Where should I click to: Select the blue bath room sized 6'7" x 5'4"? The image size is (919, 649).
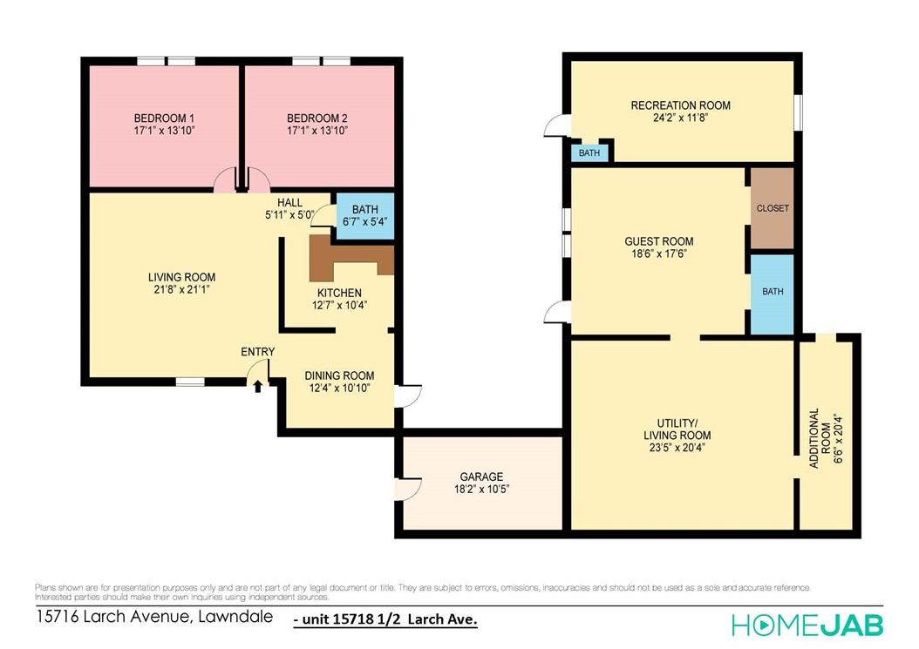tap(364, 215)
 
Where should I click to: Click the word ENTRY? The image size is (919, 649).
tap(258, 352)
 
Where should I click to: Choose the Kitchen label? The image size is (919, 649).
tap(339, 293)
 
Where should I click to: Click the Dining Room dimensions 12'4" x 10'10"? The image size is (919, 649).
tap(337, 389)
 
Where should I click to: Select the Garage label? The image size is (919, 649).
tap(481, 477)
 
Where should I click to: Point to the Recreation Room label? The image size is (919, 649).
tap(680, 105)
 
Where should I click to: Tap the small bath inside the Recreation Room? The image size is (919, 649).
tap(589, 153)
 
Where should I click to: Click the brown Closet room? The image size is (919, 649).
tap(773, 209)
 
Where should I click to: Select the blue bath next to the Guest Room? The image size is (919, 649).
tap(773, 293)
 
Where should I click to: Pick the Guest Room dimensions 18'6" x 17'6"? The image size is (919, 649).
tap(658, 254)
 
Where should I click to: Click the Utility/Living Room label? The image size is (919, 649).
tap(677, 429)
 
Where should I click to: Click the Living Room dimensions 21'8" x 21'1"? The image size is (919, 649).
tap(181, 290)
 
